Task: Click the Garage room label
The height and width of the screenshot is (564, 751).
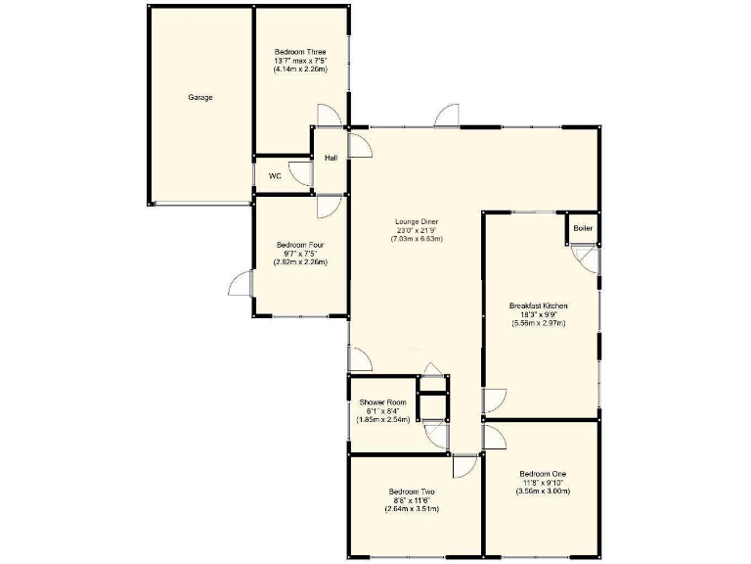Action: [x=200, y=97]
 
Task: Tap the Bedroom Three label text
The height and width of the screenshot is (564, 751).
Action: [x=300, y=52]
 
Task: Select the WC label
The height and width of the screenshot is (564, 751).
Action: [x=275, y=176]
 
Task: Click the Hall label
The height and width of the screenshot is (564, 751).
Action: [x=331, y=158]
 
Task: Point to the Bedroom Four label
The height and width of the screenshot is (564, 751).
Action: [x=300, y=245]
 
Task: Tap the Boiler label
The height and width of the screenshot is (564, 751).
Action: [x=583, y=228]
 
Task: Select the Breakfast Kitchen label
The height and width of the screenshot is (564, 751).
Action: [x=538, y=305]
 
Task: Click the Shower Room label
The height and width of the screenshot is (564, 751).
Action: [x=382, y=402]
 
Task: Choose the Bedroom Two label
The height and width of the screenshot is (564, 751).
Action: [x=412, y=492]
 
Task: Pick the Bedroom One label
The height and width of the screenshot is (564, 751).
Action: [x=543, y=474]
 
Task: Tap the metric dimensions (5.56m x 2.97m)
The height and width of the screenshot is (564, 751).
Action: [x=538, y=322]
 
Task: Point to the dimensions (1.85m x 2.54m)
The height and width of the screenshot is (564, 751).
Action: [x=382, y=419]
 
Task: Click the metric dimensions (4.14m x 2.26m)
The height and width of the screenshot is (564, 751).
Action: [x=300, y=70]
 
